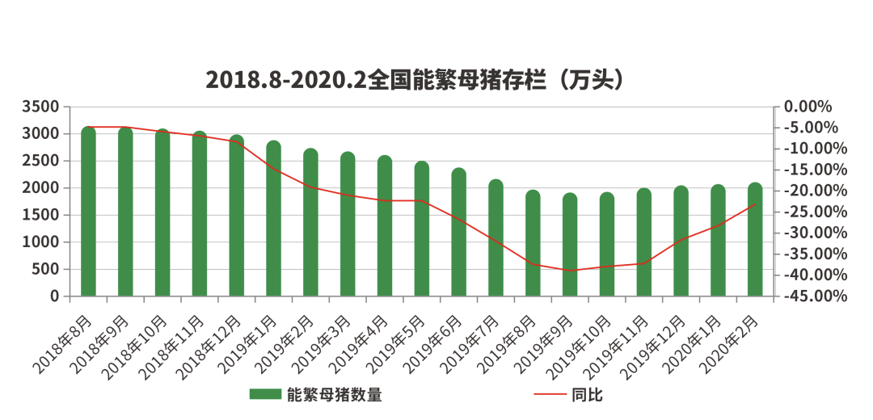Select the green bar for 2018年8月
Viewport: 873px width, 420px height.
(x=88, y=212)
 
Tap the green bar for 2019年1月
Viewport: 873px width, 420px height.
(x=274, y=219)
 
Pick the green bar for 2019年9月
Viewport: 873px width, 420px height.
(x=570, y=245)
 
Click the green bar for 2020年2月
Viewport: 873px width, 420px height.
(x=755, y=240)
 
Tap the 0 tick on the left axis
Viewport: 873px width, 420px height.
(x=55, y=296)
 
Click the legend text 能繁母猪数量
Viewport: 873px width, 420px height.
(x=334, y=395)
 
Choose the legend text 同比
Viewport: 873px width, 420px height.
(x=587, y=395)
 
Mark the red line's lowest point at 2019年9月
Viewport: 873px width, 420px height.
(x=570, y=271)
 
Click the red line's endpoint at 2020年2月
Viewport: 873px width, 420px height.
(x=755, y=204)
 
